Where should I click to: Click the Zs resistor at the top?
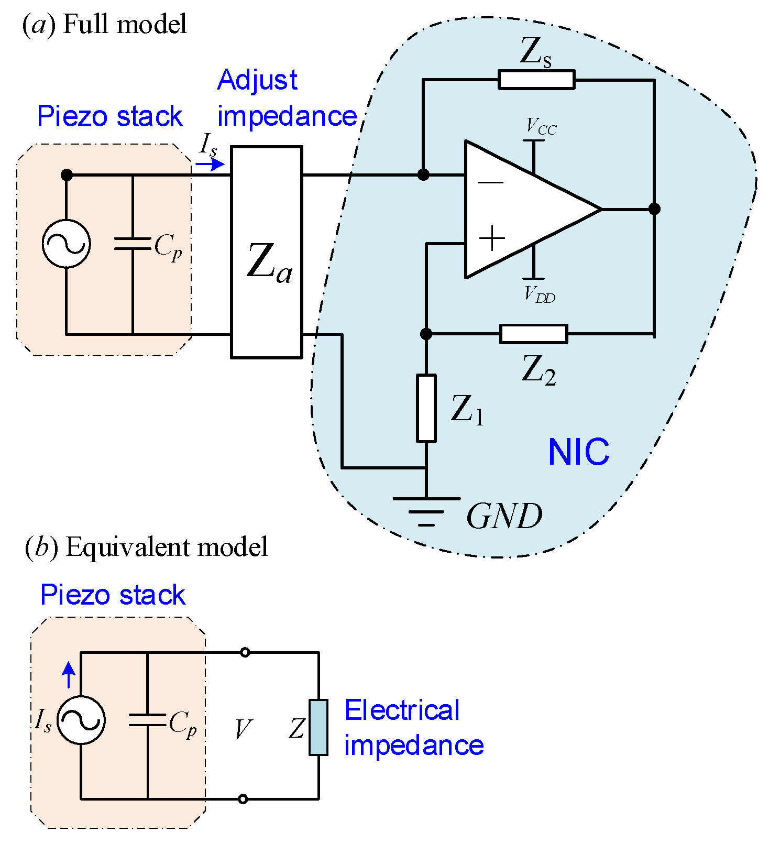(536, 80)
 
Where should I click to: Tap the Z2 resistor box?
(533, 334)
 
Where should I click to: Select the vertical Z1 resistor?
(426, 408)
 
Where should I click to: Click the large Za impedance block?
(267, 253)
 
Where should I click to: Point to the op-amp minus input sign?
(491, 183)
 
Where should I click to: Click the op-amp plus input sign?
(492, 239)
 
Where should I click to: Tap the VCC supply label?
(541, 127)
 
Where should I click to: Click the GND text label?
(504, 517)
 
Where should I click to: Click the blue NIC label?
(578, 452)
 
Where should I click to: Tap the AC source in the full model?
(66, 244)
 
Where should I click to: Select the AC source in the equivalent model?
(81, 720)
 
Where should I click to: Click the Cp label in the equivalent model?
(182, 725)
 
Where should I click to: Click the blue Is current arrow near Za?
(210, 165)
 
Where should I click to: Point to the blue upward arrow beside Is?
(69, 675)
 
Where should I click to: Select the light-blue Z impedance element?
(318, 727)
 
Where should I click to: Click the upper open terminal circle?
(244, 652)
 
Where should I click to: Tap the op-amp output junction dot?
(654, 209)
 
